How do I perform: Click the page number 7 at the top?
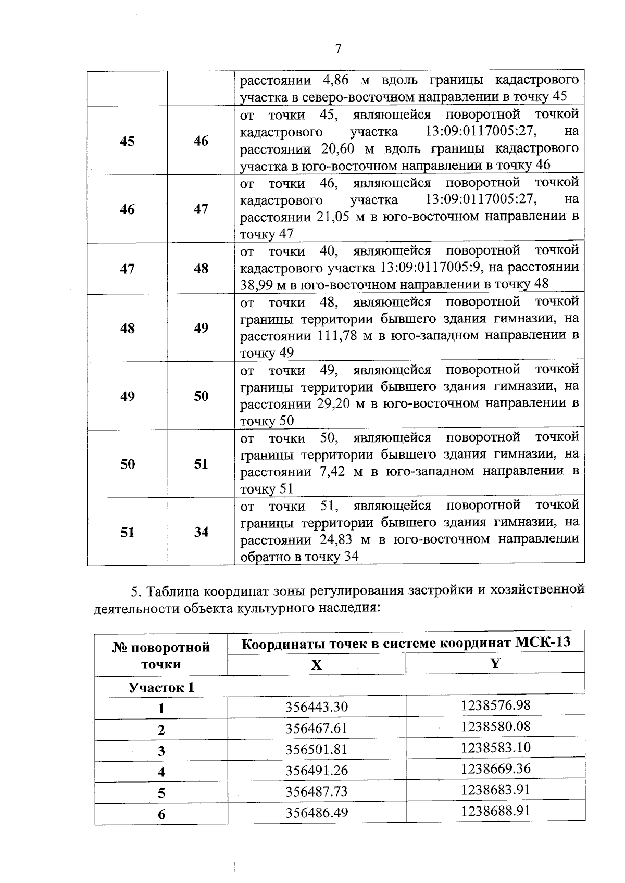click(x=338, y=49)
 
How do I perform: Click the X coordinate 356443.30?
click(x=316, y=707)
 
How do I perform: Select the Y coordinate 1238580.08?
click(x=495, y=726)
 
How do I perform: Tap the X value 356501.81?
click(x=316, y=749)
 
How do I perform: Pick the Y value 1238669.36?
click(x=495, y=768)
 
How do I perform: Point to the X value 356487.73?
click(x=316, y=791)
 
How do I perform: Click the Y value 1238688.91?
click(x=495, y=811)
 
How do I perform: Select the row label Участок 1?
click(x=161, y=687)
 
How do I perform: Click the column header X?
click(x=316, y=664)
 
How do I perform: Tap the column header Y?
click(x=495, y=663)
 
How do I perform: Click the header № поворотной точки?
click(x=161, y=655)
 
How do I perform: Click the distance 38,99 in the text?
click(x=254, y=284)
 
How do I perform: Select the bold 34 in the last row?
click(x=201, y=532)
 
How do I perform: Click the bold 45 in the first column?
click(x=127, y=141)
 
